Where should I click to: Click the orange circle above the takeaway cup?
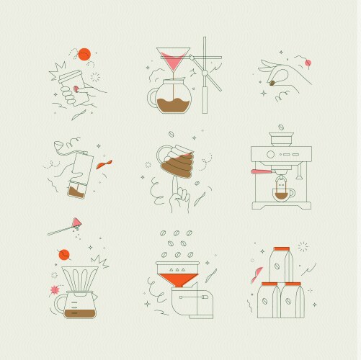[x=84, y=53]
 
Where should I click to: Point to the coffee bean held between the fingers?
[x=274, y=84]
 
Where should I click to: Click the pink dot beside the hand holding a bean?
[x=308, y=63]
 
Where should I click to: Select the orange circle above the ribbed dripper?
[x=64, y=253]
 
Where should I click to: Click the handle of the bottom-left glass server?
[x=55, y=302]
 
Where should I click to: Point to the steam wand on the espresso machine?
[x=295, y=180]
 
